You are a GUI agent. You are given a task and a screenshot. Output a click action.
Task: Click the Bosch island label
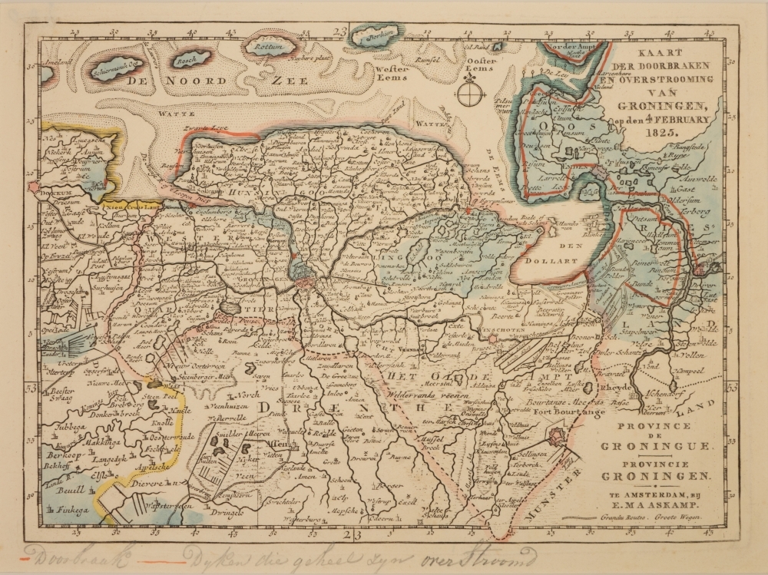pyautogui.click(x=186, y=58)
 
